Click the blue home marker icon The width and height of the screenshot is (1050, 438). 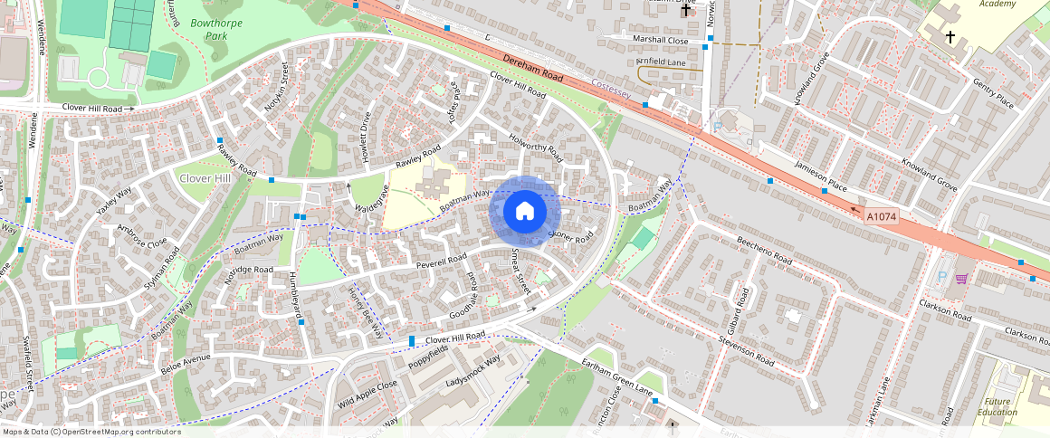click(525, 212)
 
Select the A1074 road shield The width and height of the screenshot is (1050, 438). click(881, 217)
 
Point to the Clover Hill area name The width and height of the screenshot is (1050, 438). click(205, 178)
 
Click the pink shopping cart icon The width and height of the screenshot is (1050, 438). click(960, 278)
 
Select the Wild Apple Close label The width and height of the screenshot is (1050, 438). click(367, 393)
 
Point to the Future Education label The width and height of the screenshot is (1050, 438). click(997, 406)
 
